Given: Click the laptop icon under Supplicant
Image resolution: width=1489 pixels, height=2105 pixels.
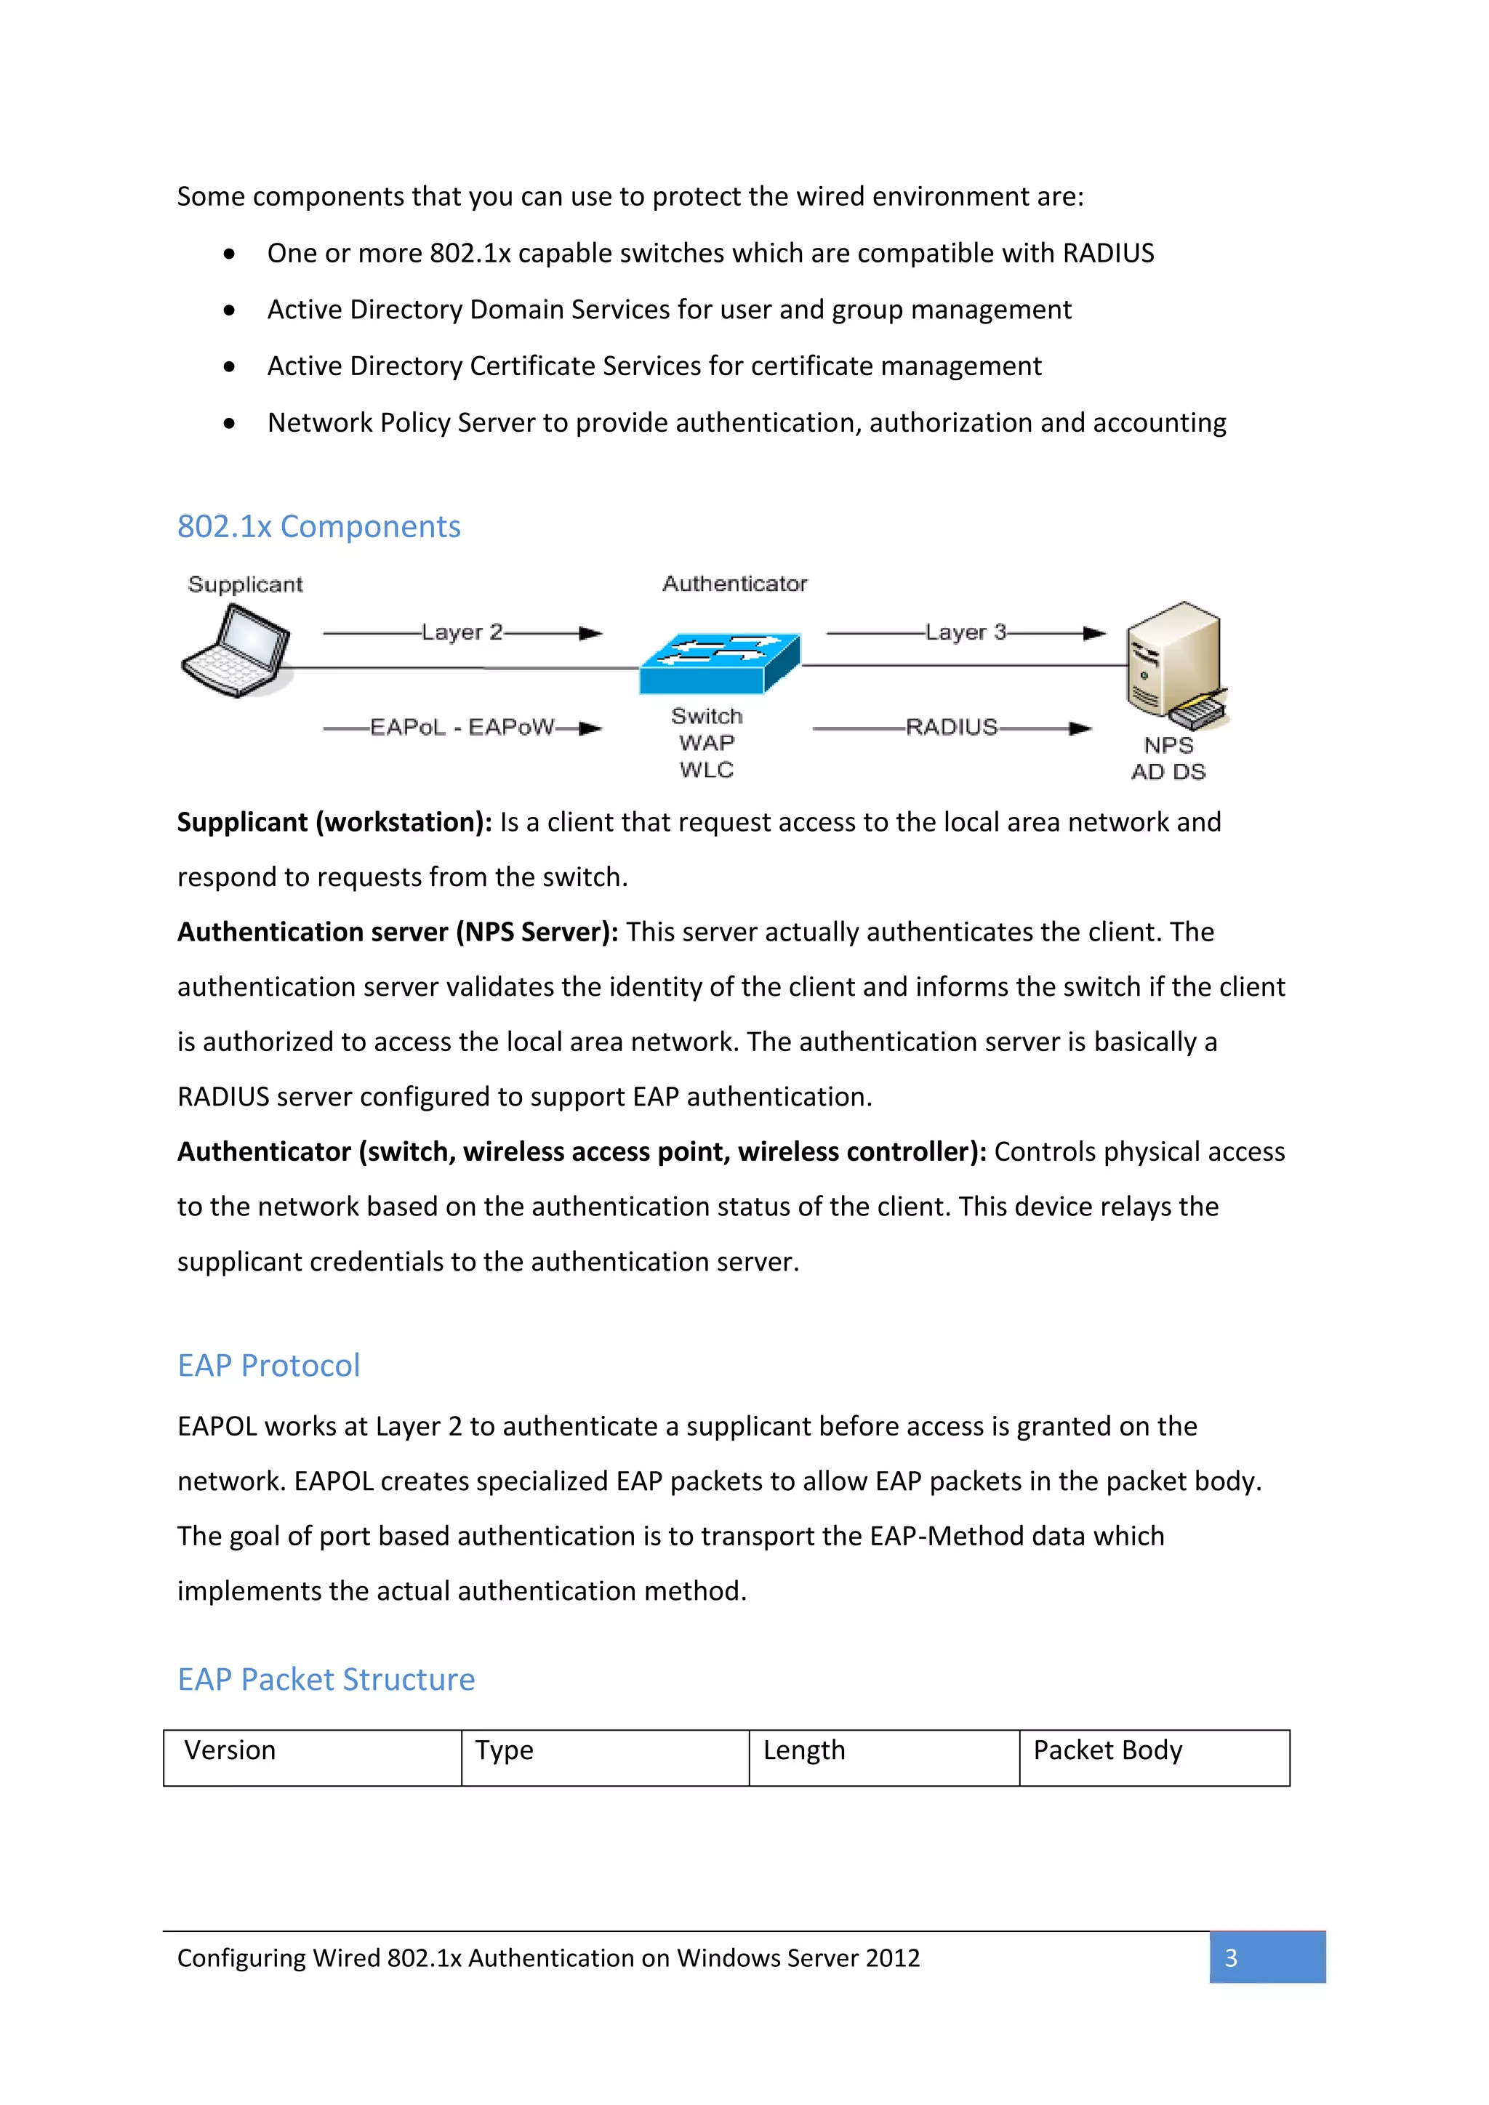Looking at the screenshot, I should click(236, 652).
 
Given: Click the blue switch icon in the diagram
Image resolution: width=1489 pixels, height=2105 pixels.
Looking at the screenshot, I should click(720, 664).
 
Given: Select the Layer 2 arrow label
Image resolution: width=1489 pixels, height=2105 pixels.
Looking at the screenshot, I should click(462, 632).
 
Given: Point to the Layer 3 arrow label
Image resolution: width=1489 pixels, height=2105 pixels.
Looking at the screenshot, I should click(966, 632).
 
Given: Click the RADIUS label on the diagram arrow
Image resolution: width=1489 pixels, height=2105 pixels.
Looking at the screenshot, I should click(951, 727).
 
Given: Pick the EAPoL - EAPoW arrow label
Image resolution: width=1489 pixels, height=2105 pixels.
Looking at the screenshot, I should click(462, 727).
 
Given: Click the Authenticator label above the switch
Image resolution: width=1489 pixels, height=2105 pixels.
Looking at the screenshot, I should click(734, 584).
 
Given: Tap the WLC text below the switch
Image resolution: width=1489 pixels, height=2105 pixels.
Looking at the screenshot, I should click(706, 770).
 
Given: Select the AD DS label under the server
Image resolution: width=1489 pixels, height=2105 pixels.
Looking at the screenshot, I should click(1168, 772).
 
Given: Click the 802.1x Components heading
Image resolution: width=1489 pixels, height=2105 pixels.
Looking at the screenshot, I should click(318, 526).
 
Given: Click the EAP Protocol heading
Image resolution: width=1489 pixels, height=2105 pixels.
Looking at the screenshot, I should click(268, 1365).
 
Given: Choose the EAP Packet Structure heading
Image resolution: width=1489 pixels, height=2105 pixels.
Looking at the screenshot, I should click(326, 1680).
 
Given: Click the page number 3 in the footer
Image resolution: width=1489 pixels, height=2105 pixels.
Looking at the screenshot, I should click(1232, 1958).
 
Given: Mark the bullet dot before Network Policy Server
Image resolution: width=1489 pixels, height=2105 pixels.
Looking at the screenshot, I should click(229, 424).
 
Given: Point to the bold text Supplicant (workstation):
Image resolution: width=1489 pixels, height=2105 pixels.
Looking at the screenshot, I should click(334, 822).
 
